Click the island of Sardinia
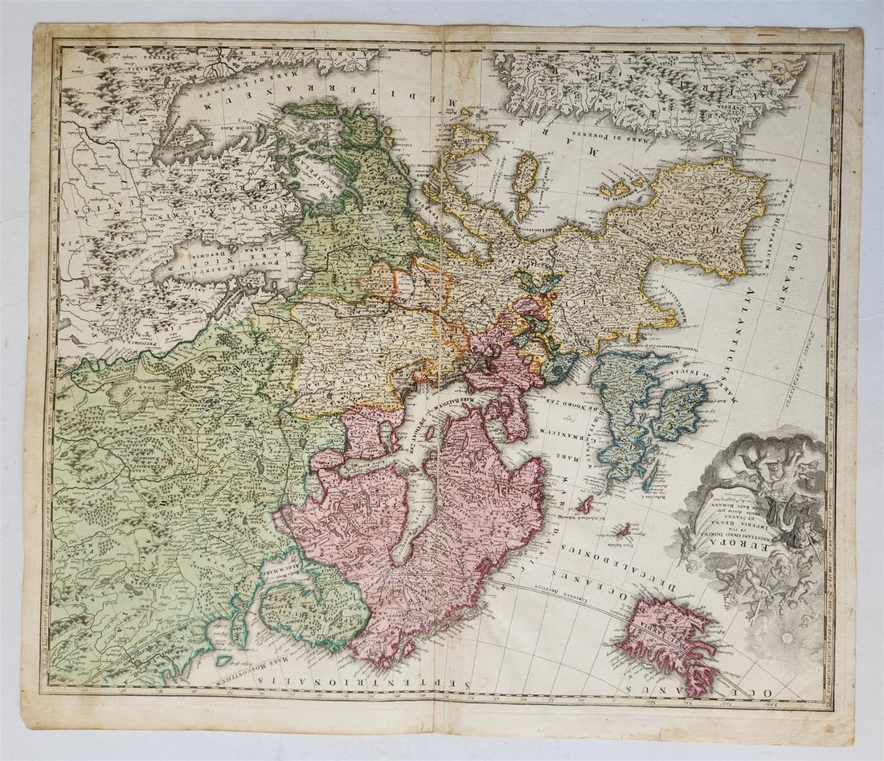[526, 174]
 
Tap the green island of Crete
[309, 109]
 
